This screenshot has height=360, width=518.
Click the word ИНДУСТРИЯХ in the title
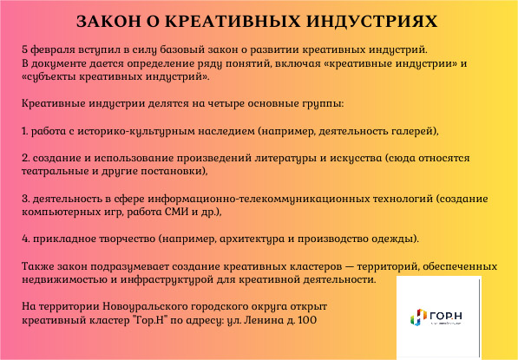coord(372,21)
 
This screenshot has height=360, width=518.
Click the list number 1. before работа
coord(25,131)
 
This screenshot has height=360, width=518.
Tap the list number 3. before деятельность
coord(26,199)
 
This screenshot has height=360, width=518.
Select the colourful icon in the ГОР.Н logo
coord(418,317)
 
